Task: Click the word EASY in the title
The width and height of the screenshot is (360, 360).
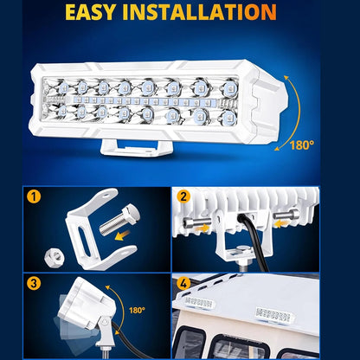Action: [90, 12]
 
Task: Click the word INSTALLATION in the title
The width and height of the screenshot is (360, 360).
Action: [200, 12]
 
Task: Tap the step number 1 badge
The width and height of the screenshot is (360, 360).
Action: [34, 197]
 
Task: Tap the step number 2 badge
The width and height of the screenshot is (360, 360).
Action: [183, 197]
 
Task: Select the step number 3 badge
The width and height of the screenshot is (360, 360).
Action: [34, 283]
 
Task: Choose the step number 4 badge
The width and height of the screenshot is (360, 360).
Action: [183, 283]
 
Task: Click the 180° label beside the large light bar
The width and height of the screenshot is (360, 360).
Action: [302, 145]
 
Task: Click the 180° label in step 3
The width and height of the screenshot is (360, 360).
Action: [137, 311]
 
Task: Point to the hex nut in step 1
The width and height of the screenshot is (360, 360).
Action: [55, 256]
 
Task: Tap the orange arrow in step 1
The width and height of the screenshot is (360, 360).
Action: [123, 235]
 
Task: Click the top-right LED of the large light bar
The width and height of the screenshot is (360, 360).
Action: [229, 87]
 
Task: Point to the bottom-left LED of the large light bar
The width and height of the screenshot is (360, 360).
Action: [62, 112]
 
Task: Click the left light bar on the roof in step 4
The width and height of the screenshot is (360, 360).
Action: [200, 303]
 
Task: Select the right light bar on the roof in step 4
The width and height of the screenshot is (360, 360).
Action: [274, 315]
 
